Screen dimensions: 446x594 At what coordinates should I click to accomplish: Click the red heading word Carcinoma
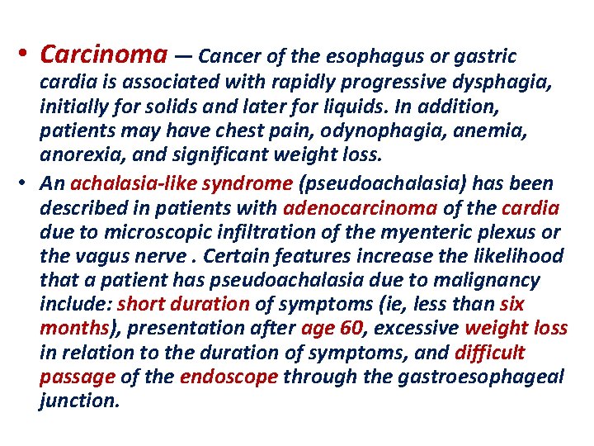[x=103, y=55]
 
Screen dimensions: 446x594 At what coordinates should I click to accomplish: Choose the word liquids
[x=360, y=107]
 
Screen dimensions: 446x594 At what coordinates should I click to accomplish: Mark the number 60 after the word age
[x=351, y=329]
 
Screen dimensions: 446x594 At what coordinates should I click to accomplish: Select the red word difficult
[x=489, y=353]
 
